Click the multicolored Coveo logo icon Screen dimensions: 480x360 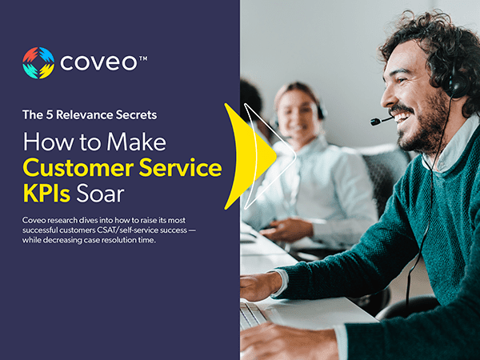(38, 62)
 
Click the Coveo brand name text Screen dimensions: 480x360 (98, 62)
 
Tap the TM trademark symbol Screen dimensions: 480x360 (143, 58)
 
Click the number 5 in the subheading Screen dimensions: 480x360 (50, 114)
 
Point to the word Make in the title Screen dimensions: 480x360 (136, 142)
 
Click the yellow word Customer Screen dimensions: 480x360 (78, 168)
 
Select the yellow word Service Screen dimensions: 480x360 (180, 168)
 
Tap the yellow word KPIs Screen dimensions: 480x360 (46, 194)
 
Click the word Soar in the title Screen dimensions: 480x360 (100, 194)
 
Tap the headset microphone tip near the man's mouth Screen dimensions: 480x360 (375, 122)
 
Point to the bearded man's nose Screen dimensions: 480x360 (388, 98)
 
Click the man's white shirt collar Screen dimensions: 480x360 (450, 147)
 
